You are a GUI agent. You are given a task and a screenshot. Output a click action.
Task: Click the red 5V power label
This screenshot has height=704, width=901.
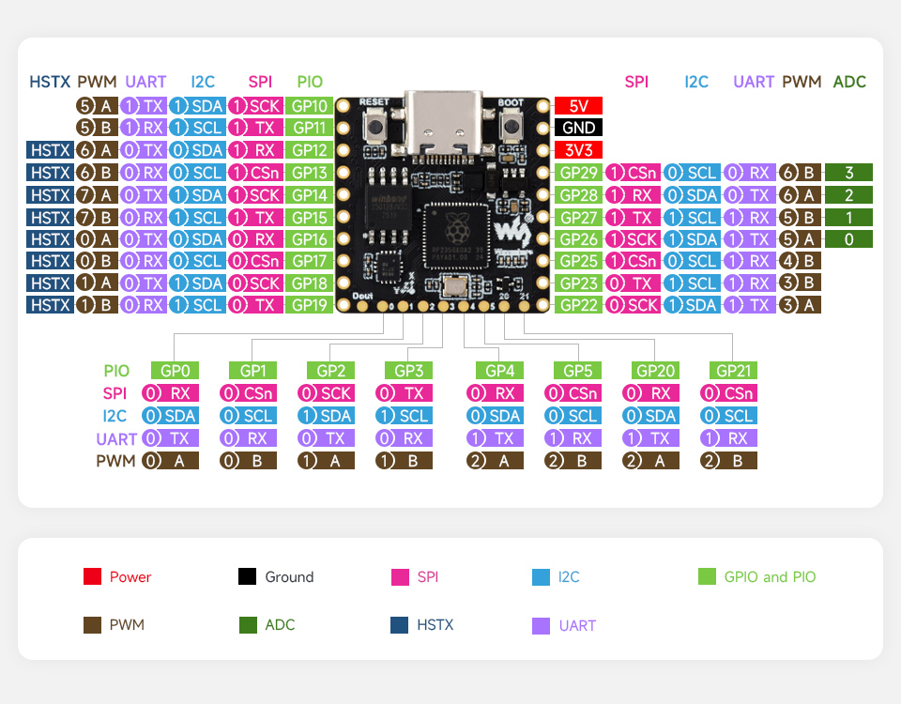click(578, 105)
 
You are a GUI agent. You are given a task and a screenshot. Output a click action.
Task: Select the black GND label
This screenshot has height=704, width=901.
click(578, 128)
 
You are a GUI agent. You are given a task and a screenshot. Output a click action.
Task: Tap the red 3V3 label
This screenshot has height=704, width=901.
click(578, 150)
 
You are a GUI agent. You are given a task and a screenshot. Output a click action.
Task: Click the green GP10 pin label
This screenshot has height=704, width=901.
click(310, 105)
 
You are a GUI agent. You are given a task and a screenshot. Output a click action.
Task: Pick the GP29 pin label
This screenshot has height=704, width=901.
click(578, 173)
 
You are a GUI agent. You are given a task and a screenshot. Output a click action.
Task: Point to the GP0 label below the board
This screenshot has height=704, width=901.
click(175, 371)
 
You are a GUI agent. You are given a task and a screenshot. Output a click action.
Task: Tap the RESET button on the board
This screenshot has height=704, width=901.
click(374, 126)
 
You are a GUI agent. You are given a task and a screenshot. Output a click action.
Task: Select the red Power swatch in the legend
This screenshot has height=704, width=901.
click(92, 577)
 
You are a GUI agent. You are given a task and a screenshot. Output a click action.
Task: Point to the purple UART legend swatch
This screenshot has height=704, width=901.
click(541, 625)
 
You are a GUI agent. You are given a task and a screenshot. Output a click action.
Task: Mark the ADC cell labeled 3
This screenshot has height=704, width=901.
click(849, 173)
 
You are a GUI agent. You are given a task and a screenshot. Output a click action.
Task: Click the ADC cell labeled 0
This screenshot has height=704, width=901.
click(849, 239)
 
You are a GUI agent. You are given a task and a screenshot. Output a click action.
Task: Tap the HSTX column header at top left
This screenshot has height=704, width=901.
click(50, 83)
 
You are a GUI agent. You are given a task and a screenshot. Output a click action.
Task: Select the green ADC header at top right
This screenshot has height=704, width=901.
click(849, 83)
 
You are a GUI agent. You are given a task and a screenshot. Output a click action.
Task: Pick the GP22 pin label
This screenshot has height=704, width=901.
click(578, 305)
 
